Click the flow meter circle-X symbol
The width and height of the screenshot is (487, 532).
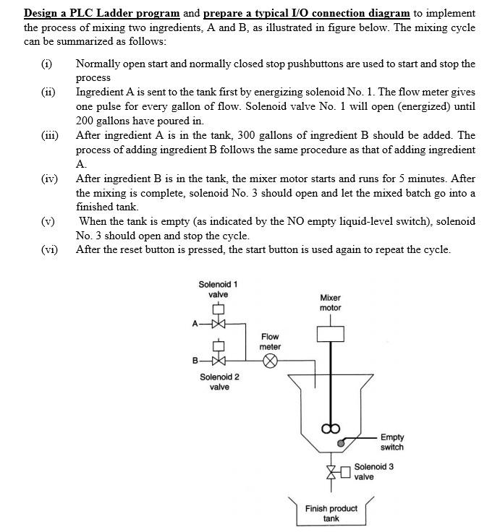[x=270, y=361]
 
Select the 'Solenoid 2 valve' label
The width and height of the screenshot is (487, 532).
[x=219, y=382]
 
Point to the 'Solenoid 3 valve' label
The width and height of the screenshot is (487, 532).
[x=374, y=471]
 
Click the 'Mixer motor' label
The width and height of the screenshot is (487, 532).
[x=330, y=302]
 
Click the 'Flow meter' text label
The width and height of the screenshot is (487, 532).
[x=270, y=341]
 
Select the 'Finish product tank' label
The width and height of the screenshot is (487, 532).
[x=331, y=513]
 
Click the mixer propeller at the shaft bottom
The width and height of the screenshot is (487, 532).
[x=330, y=427]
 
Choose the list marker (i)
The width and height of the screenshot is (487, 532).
[x=46, y=64]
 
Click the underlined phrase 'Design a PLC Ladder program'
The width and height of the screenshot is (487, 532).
[x=101, y=13]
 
